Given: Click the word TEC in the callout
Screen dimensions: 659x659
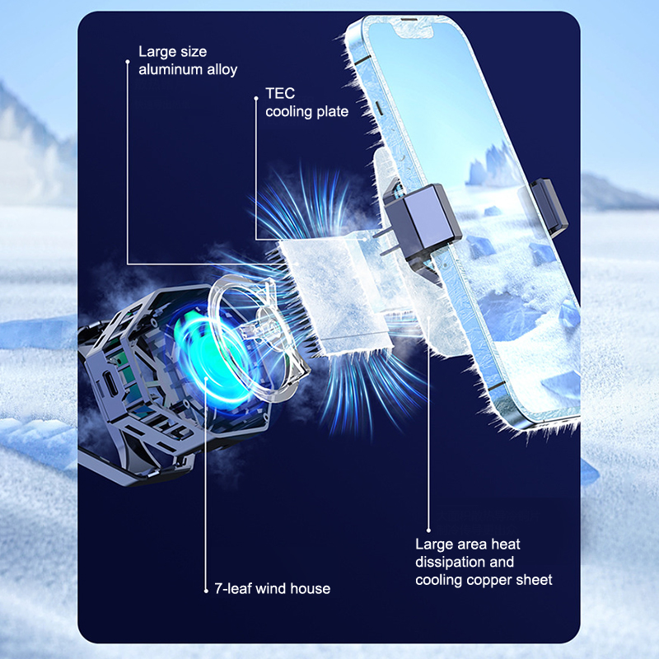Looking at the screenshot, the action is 280,93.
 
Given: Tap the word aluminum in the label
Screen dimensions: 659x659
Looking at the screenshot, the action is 171,69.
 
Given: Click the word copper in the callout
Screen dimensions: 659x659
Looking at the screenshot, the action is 488,581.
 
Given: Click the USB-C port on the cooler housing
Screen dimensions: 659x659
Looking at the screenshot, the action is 110,382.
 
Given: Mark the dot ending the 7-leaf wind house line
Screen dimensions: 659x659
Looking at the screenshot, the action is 206,591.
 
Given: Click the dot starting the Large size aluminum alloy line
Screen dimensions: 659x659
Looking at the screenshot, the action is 128,62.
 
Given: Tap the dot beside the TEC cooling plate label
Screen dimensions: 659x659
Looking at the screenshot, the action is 256,98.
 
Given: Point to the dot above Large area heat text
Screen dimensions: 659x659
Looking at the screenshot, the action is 428,530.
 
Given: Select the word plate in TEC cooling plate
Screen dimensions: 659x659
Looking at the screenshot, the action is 333,112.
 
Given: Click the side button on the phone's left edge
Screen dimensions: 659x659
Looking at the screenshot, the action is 379,108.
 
